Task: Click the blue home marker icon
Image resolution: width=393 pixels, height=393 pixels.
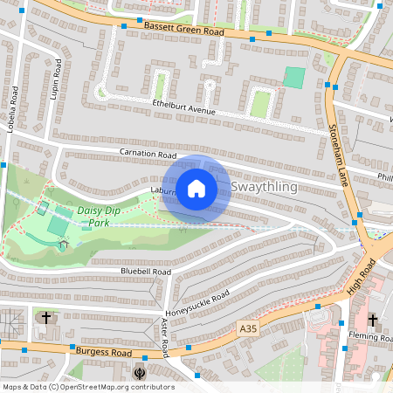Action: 196,189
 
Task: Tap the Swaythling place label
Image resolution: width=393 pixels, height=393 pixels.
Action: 265,188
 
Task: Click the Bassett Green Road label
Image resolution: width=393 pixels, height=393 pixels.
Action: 184,31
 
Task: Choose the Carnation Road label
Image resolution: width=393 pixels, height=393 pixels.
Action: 148,154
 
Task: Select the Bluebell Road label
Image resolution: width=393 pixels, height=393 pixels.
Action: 145,272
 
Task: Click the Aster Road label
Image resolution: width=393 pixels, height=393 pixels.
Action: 163,337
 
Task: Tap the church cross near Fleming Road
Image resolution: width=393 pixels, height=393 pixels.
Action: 372,321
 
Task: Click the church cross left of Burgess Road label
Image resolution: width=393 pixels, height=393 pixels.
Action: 46,317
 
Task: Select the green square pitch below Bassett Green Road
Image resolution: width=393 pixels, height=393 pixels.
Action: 294,78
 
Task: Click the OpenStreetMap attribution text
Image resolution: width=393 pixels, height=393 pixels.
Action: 87,387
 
